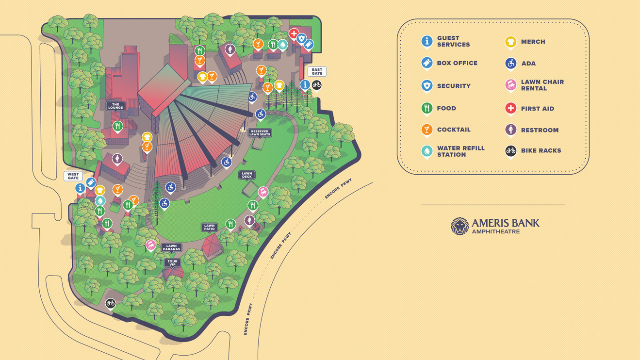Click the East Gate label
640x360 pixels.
(317, 71)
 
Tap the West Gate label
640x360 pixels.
(73, 176)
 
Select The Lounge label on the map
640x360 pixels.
(115, 106)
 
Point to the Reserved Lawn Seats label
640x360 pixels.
(260, 133)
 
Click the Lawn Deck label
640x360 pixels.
(247, 175)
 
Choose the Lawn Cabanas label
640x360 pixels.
(171, 247)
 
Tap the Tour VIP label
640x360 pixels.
(172, 263)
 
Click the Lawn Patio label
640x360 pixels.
(210, 227)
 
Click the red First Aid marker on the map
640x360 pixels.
(294, 33)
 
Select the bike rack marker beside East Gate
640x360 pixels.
(316, 85)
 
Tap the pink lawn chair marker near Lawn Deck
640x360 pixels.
(263, 192)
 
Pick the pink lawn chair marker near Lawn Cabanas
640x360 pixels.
(151, 245)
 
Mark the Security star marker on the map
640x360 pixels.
(301, 38)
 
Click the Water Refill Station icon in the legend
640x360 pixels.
(427, 151)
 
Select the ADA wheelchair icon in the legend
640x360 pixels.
(510, 64)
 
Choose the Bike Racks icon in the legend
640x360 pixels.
(510, 151)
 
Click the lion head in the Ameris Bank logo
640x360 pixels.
(459, 226)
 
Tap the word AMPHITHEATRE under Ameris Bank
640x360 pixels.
(496, 231)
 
